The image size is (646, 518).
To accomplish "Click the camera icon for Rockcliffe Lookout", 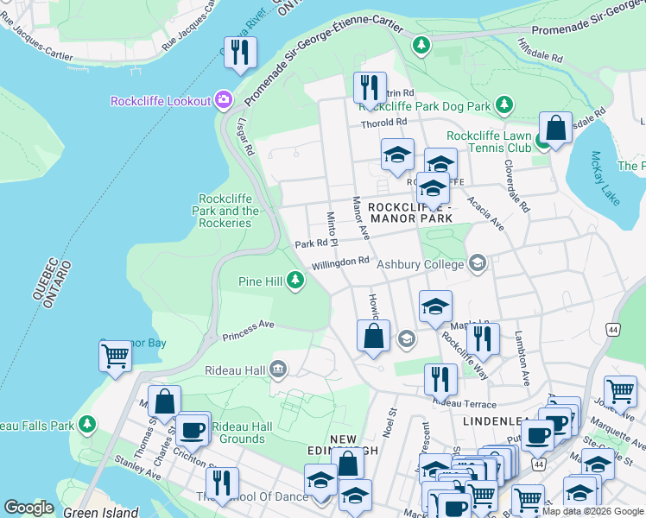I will click(224, 101).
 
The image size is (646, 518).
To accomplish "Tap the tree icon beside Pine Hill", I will click(295, 281).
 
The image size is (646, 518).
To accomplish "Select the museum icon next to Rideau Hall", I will click(278, 370).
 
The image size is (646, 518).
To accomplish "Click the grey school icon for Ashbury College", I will click(478, 264).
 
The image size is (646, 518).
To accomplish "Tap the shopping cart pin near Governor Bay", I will click(115, 355).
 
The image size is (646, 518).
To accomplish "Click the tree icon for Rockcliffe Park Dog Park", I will click(504, 105).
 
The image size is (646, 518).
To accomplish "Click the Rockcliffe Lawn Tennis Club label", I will click(489, 142).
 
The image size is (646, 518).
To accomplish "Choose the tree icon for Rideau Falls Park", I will click(86, 425).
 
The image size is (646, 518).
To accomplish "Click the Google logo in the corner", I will click(28, 508).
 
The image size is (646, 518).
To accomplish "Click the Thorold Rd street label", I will click(384, 123).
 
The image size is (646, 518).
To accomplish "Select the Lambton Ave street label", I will click(521, 357).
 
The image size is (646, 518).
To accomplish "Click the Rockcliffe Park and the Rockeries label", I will click(227, 211).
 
